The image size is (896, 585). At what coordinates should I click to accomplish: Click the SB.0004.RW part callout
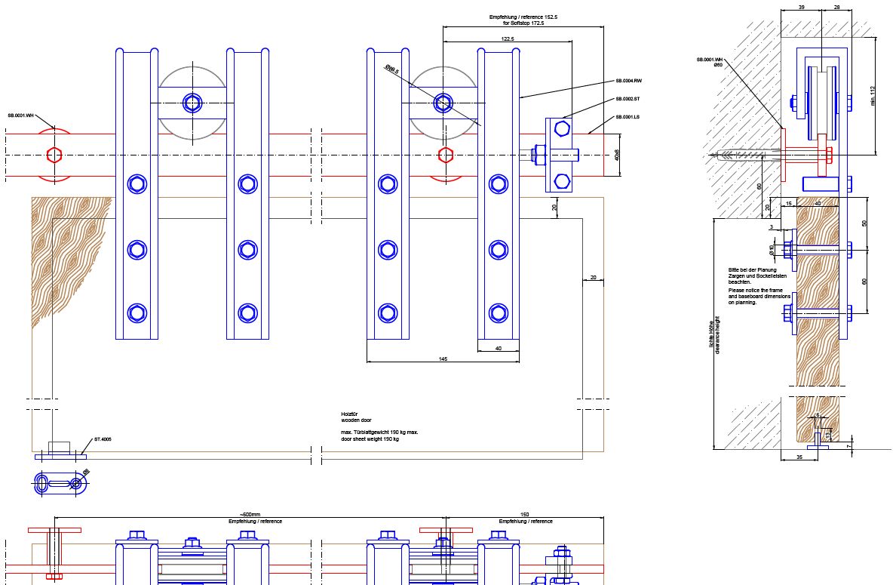(x=628, y=80)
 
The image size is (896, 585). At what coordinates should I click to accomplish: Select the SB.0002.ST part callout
(x=628, y=99)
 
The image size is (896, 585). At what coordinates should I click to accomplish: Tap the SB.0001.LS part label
(x=628, y=117)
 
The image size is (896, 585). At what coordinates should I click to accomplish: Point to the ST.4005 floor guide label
(x=103, y=439)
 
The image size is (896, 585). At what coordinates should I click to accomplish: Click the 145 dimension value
(x=443, y=359)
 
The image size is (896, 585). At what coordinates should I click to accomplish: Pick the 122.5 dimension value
(x=508, y=38)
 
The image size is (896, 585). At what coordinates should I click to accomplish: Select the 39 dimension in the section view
(x=800, y=6)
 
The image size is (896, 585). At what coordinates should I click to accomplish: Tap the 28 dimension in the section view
(x=837, y=6)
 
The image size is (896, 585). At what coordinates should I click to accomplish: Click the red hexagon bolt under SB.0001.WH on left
(x=53, y=155)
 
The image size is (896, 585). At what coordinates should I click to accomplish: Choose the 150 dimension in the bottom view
(x=525, y=515)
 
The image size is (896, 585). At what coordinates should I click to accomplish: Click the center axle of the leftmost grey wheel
(x=192, y=103)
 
